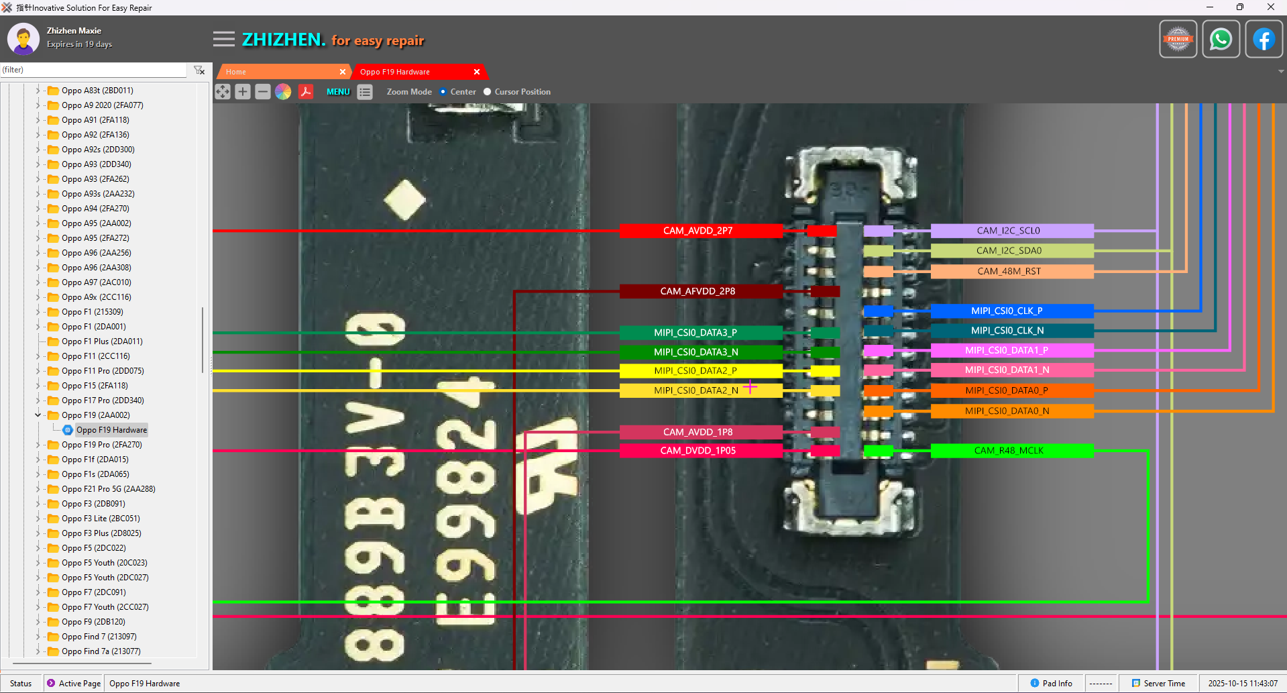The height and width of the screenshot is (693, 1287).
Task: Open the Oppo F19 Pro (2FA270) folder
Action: point(101,445)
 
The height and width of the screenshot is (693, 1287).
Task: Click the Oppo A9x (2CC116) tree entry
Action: point(96,297)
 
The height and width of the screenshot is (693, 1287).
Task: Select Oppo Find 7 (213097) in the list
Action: point(99,637)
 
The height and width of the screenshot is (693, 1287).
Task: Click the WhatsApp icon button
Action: point(1221,40)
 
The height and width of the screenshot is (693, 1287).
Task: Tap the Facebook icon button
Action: point(1264,40)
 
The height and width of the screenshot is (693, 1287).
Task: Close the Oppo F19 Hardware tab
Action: point(477,72)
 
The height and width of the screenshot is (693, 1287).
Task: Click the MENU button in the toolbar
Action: point(338,92)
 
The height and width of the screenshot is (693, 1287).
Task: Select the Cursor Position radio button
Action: point(488,92)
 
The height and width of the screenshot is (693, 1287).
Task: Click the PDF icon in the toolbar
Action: point(306,92)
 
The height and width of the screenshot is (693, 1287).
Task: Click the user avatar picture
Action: point(23,39)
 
